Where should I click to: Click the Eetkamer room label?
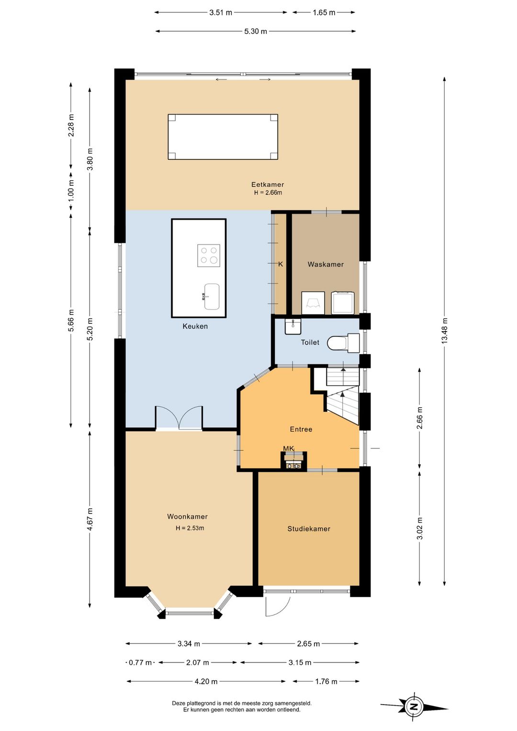tap(268, 185)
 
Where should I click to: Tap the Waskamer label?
tap(326, 264)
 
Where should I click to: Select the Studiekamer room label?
tap(309, 529)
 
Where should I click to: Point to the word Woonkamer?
tap(187, 516)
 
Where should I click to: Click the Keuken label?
tap(195, 326)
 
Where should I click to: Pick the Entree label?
tap(301, 429)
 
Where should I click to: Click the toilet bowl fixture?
tap(342, 343)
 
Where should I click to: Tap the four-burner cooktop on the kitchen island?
tap(209, 255)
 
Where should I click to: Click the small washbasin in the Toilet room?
tap(293, 327)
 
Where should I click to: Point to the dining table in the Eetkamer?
tap(223, 137)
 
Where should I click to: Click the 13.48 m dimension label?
tap(445, 331)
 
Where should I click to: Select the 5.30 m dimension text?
tap(256, 31)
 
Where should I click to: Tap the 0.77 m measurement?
tap(140, 662)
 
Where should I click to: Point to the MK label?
tap(288, 449)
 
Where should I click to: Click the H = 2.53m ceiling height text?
tap(190, 528)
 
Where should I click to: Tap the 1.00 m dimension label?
tap(71, 191)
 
